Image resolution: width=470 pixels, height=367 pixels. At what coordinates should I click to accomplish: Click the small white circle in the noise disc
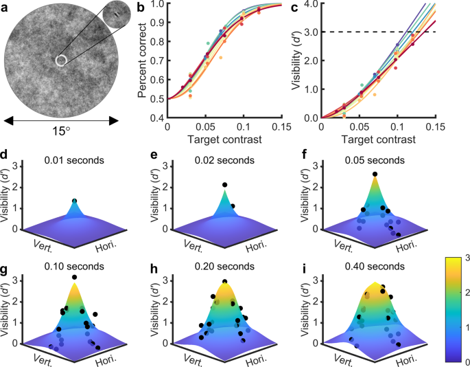pyautogui.click(x=60, y=60)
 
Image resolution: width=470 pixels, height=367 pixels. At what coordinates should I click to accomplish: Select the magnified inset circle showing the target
pyautogui.click(x=114, y=14)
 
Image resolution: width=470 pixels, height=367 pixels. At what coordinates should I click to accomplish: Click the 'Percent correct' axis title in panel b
pyautogui.click(x=143, y=60)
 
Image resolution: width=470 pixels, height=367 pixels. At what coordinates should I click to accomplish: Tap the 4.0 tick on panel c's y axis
pyautogui.click(x=309, y=5)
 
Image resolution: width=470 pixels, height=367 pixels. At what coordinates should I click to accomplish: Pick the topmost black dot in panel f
pyautogui.click(x=374, y=175)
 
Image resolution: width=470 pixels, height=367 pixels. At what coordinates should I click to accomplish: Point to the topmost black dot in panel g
pyautogui.click(x=74, y=277)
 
